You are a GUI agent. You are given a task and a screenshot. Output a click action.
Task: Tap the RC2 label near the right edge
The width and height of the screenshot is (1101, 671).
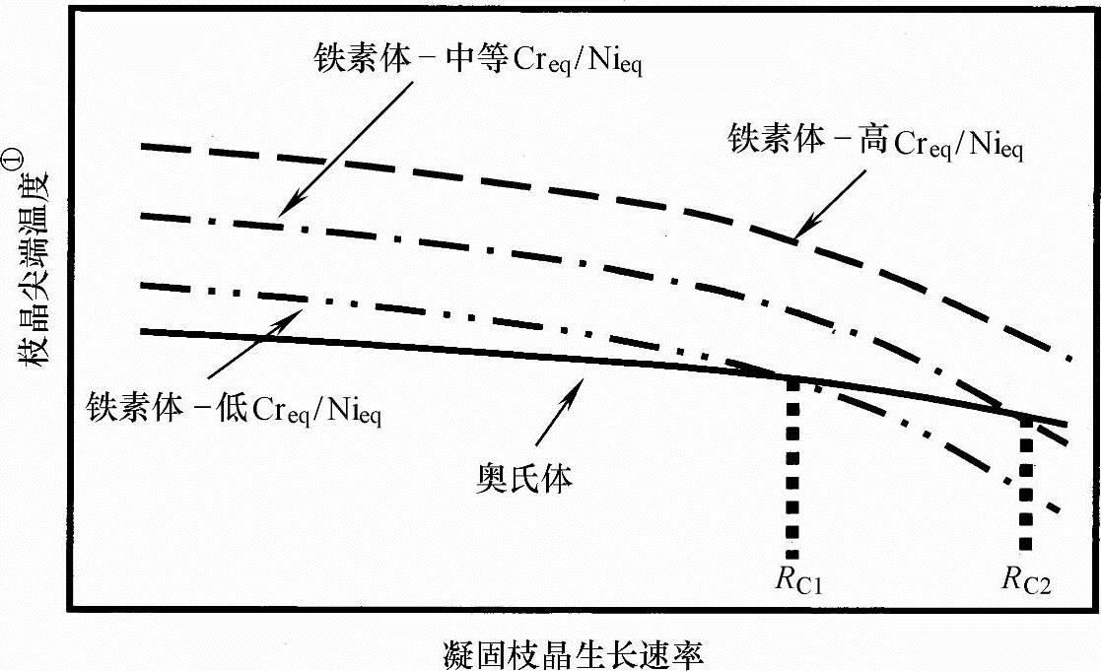(1027, 582)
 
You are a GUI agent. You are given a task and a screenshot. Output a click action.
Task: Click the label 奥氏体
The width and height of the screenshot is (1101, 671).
(520, 479)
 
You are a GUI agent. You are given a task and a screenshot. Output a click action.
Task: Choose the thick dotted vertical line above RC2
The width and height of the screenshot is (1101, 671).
(1026, 483)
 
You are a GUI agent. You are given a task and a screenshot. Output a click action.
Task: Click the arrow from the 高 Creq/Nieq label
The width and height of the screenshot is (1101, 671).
(829, 203)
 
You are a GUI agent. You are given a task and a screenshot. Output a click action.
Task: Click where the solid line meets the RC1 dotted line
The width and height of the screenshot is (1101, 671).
(792, 379)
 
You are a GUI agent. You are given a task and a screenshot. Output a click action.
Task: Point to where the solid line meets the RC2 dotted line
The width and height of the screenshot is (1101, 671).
(1026, 419)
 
